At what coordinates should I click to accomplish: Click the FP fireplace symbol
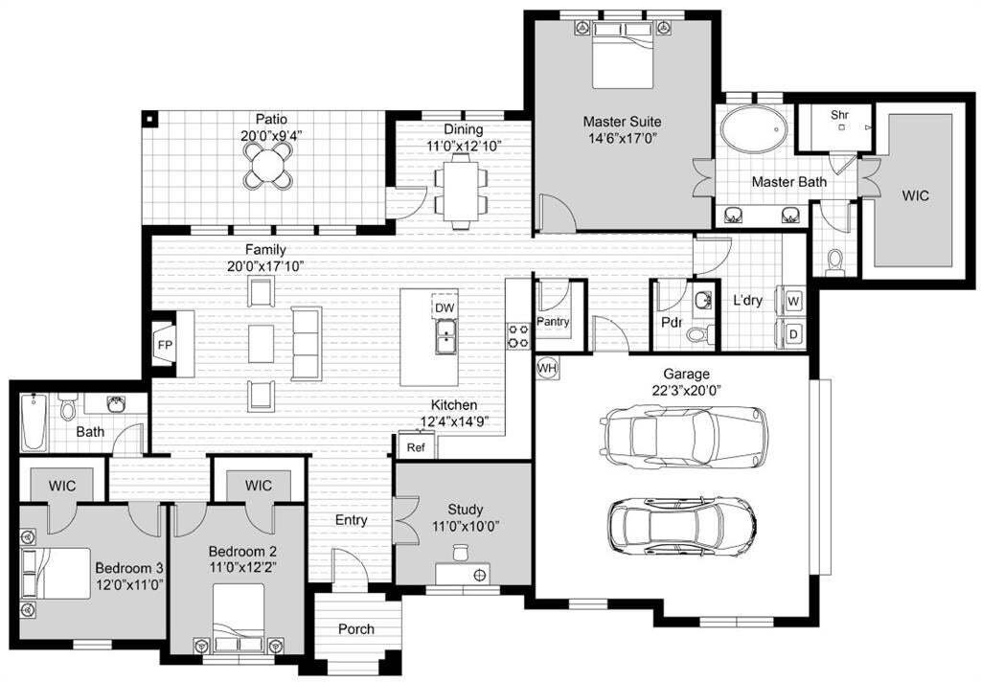click(x=165, y=344)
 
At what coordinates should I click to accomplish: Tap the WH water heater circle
click(x=547, y=368)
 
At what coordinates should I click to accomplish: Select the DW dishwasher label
click(x=445, y=307)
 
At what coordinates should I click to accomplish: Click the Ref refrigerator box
click(x=416, y=446)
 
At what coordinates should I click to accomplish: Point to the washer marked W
click(x=793, y=301)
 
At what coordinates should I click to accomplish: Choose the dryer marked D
click(x=793, y=334)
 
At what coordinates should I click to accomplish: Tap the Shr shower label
click(x=839, y=115)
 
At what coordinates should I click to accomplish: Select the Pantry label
click(x=553, y=321)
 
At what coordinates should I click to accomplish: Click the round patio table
click(x=268, y=166)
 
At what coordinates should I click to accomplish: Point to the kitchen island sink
click(x=445, y=335)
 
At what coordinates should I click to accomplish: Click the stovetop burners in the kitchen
click(x=518, y=334)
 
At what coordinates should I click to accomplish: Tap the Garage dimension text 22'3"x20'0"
click(x=686, y=391)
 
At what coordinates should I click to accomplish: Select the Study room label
click(x=465, y=510)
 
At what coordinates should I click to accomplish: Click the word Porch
click(x=356, y=628)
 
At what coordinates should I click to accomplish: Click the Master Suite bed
click(x=623, y=55)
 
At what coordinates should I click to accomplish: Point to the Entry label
click(x=351, y=520)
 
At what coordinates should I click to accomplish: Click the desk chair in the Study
click(x=461, y=552)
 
